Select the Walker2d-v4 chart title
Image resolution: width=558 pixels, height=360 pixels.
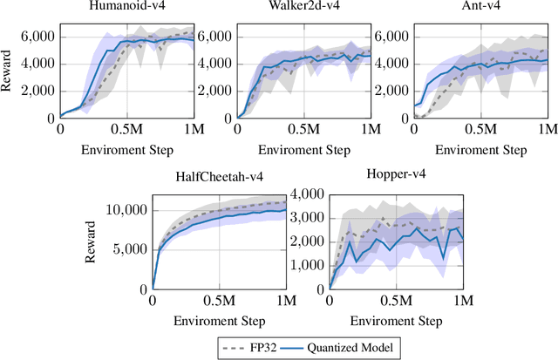(x=304, y=8)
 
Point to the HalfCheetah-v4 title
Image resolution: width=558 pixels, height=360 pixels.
(x=220, y=177)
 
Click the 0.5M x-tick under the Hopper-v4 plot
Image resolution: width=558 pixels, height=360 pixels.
(x=395, y=301)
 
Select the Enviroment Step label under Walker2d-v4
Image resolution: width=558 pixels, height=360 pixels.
(x=304, y=150)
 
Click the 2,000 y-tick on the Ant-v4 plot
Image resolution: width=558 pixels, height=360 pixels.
(x=391, y=91)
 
